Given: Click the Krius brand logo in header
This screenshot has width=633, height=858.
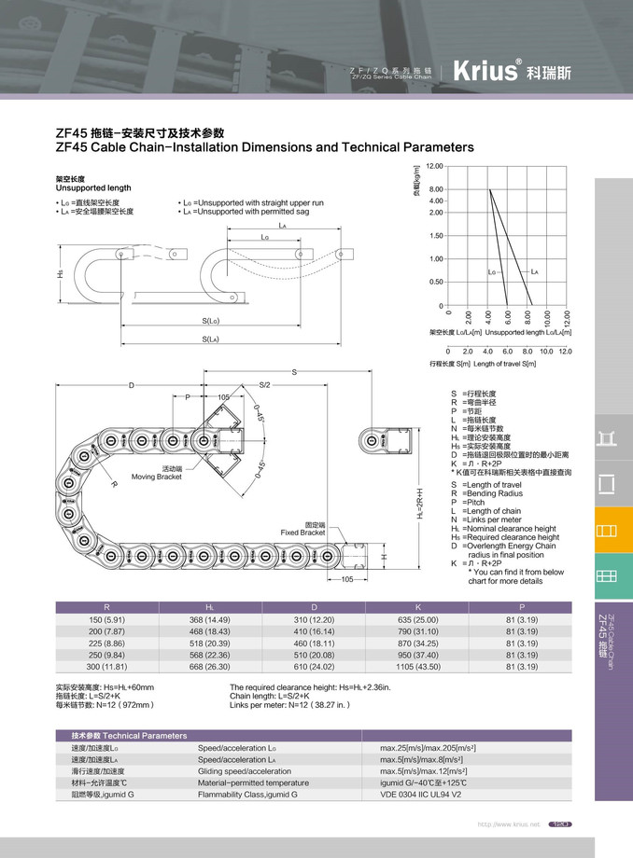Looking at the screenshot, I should pyautogui.click(x=485, y=71).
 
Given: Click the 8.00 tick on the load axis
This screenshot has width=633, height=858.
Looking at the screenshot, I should pyautogui.click(x=436, y=189).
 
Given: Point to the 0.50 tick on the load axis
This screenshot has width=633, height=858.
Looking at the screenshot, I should pyautogui.click(x=436, y=282).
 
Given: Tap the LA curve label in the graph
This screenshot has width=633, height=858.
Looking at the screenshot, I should pyautogui.click(x=535, y=271).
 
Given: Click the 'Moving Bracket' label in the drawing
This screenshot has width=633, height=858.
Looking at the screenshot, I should pyautogui.click(x=156, y=473).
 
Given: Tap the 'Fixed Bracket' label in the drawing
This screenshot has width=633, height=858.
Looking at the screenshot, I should pyautogui.click(x=303, y=529).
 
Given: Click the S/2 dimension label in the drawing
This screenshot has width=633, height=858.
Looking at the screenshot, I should pyautogui.click(x=264, y=385).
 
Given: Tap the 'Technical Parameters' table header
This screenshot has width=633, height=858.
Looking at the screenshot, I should pyautogui.click(x=130, y=736).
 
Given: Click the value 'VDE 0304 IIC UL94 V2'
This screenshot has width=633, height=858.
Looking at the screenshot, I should pyautogui.click(x=419, y=795).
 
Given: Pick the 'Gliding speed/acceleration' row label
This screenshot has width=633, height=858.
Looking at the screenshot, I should pyautogui.click(x=246, y=771).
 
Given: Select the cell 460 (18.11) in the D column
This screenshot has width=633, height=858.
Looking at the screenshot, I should pyautogui.click(x=313, y=643).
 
